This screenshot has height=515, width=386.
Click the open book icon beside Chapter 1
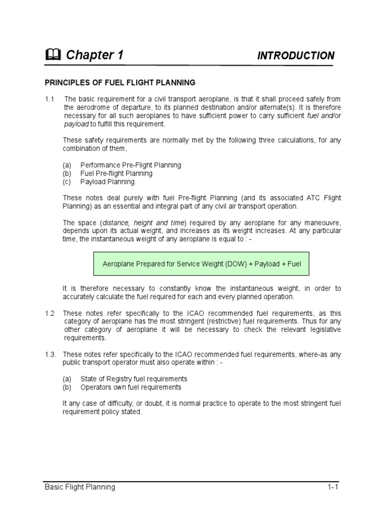[x=52, y=55]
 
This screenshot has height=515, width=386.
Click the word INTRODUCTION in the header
[x=296, y=56]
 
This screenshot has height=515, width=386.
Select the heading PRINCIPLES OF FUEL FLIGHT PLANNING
[x=120, y=82]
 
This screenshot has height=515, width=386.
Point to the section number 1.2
[x=49, y=313]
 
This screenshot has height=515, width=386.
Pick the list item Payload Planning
[x=109, y=182]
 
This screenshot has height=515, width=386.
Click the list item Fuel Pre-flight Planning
[x=116, y=174]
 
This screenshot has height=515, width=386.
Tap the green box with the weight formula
[x=202, y=264]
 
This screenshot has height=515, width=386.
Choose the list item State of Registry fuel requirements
[x=134, y=379]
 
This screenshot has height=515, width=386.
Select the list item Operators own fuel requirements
[x=131, y=387]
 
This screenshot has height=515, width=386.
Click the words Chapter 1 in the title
[x=94, y=55]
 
